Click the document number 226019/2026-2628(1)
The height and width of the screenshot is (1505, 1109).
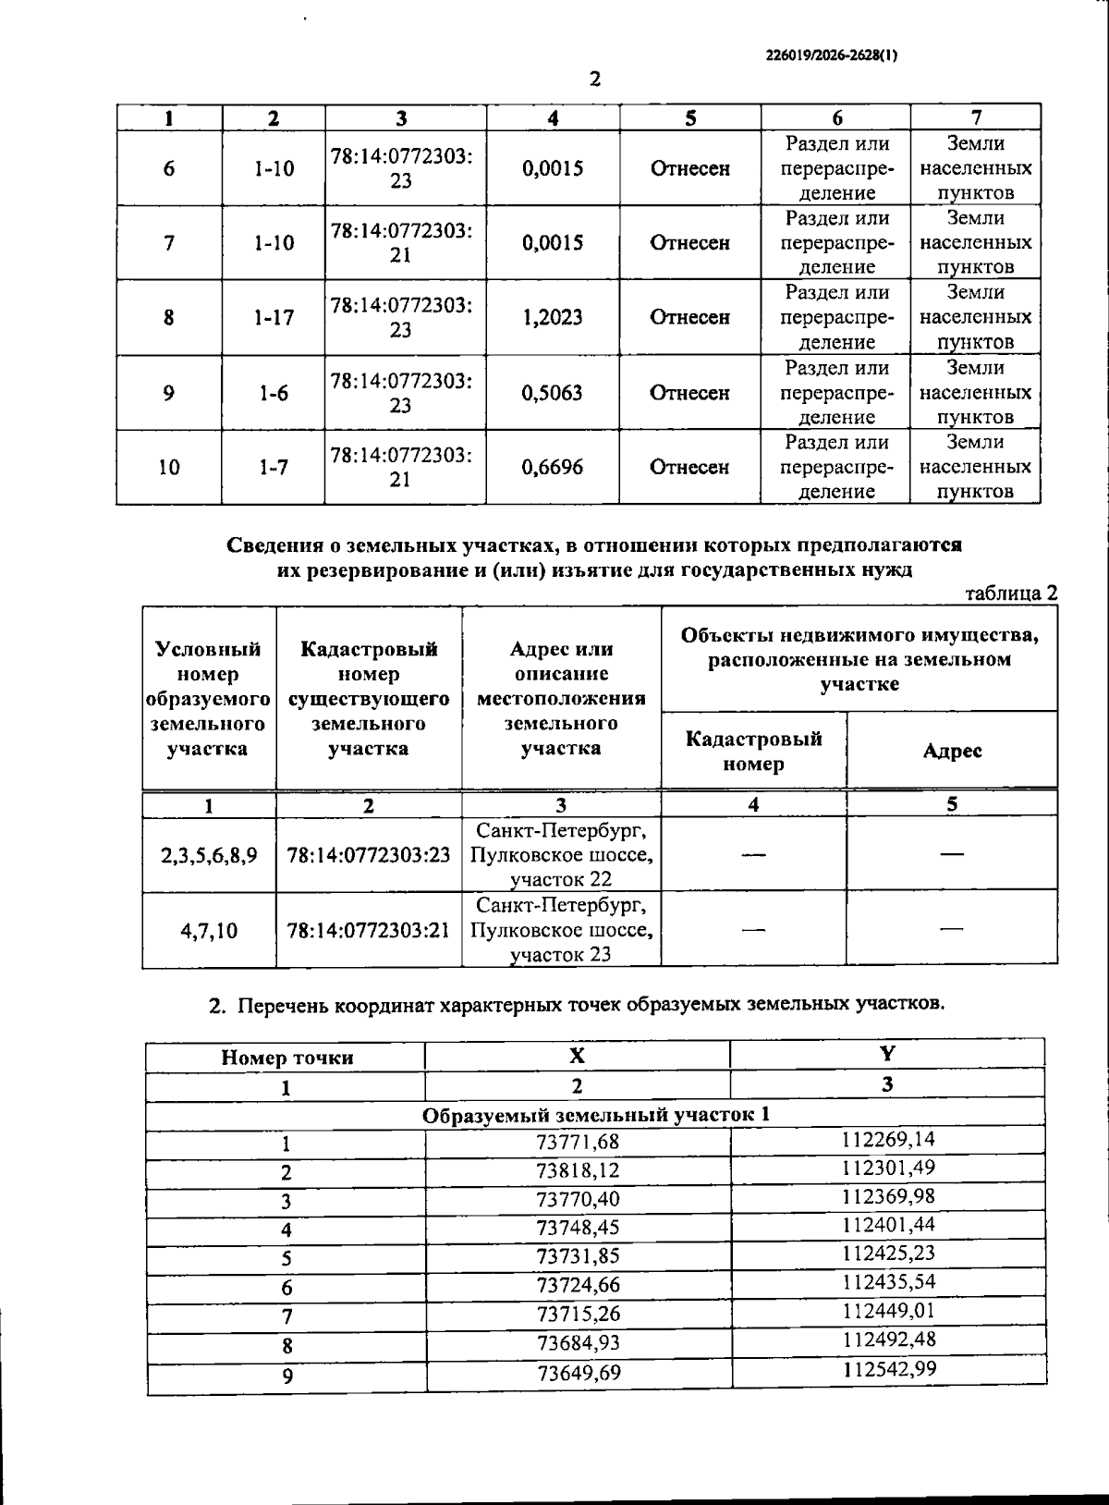[x=832, y=55]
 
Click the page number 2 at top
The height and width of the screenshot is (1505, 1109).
[x=595, y=80]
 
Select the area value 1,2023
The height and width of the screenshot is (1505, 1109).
[x=553, y=318]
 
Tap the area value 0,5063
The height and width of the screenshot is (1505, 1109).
[x=553, y=393]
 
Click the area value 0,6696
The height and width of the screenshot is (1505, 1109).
[x=553, y=468]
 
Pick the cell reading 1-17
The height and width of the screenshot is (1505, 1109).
[x=274, y=318]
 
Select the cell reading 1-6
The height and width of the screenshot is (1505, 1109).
[x=274, y=393]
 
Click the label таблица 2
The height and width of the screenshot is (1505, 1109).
[x=1010, y=593]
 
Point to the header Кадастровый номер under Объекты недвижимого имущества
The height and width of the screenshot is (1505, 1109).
[x=753, y=751]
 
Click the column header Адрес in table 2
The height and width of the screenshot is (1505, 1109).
[x=952, y=751]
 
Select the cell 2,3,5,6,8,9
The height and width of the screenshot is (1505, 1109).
[x=210, y=855]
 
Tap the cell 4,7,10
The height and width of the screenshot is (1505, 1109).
[x=210, y=930]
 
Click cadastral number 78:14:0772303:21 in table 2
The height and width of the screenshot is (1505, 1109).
[x=369, y=930]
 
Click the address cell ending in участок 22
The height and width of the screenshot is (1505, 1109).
[x=561, y=855]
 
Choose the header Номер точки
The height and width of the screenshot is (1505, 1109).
[x=286, y=1058]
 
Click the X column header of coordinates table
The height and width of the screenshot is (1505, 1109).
[x=577, y=1056]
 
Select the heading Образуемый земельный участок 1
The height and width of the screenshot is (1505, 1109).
[x=596, y=1116]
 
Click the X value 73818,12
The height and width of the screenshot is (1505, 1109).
[x=578, y=1171]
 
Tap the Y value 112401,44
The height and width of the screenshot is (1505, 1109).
[x=889, y=1225]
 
